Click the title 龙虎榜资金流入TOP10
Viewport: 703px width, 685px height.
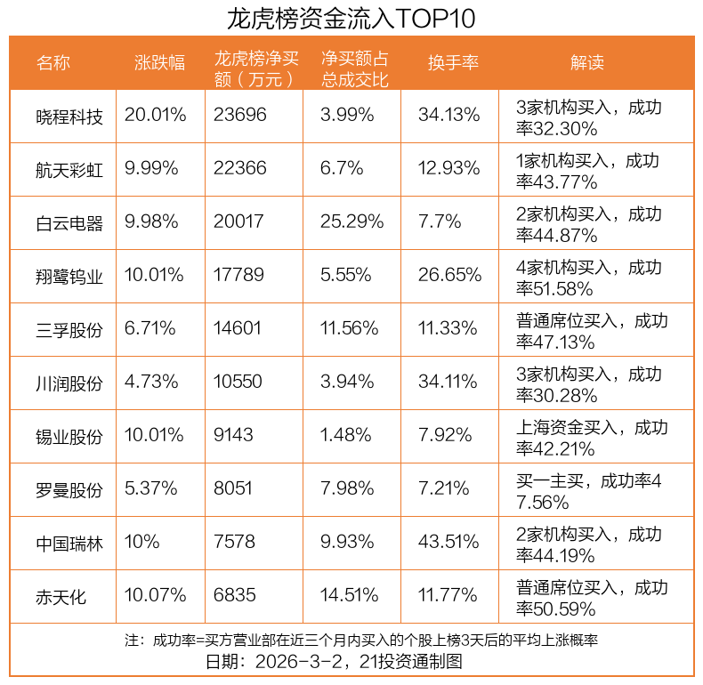tap(351, 18)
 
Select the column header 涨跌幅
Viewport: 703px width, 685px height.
tap(160, 62)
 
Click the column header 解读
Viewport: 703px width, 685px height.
tap(587, 62)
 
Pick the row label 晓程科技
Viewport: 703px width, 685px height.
tap(69, 116)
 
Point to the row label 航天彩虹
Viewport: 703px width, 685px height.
tap(69, 169)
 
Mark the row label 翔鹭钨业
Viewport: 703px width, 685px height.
tap(69, 276)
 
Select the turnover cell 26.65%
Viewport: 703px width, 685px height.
tap(449, 276)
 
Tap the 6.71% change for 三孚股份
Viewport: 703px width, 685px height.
tap(150, 329)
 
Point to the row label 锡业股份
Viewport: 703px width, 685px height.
tap(69, 437)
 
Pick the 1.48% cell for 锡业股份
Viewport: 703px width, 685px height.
tap(346, 437)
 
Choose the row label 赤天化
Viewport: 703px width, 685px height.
tap(61, 597)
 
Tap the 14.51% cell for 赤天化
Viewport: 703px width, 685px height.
tap(350, 597)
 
